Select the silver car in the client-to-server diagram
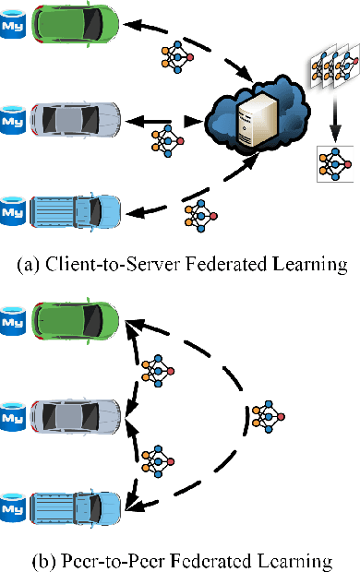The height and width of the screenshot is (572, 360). (x=75, y=120)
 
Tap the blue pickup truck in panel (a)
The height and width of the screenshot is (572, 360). (x=75, y=209)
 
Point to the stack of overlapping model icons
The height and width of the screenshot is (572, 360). (x=331, y=70)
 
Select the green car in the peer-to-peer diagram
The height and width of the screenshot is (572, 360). (x=75, y=319)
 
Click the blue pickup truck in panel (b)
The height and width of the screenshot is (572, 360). (x=75, y=506)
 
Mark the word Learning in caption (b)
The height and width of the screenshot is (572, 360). (x=298, y=559)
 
